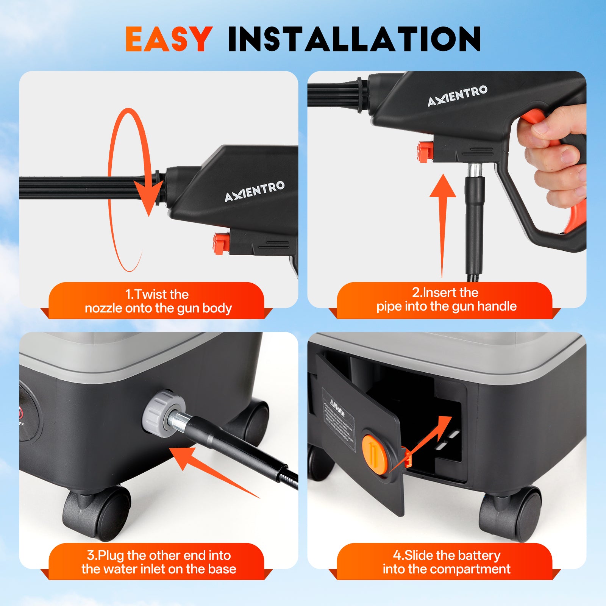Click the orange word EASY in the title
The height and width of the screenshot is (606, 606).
(x=168, y=39)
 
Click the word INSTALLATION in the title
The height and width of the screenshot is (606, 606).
(x=355, y=39)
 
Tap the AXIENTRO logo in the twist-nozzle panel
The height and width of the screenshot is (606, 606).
(x=254, y=191)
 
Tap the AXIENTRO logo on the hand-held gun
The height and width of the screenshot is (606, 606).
(x=457, y=95)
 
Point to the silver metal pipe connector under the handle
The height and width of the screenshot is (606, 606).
(x=475, y=170)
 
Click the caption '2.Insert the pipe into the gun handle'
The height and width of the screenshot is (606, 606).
(x=446, y=299)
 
